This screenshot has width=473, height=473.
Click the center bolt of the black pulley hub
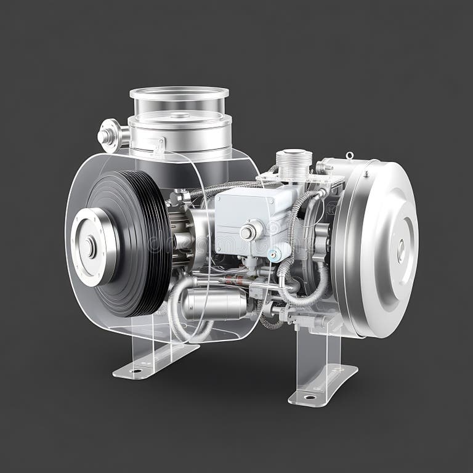coord(91,247)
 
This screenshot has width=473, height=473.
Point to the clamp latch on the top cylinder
coord(159,145)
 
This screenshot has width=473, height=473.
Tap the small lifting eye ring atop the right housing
coord(349,156)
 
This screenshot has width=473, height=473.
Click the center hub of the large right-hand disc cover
coord(401,249)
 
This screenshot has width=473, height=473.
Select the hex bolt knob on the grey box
coord(249,232)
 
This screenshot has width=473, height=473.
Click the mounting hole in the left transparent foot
coord(135,371)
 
